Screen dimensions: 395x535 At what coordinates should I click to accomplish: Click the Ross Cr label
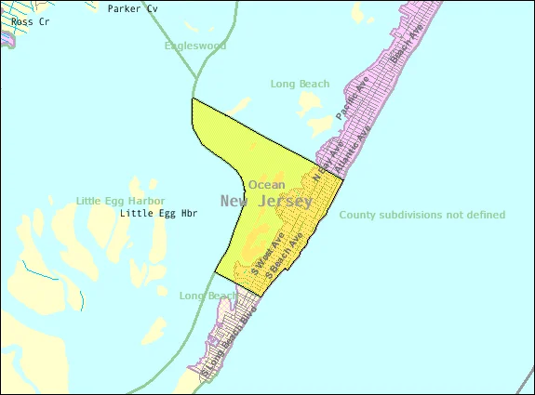pos(18,20)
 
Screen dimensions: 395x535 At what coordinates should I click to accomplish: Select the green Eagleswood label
pos(194,46)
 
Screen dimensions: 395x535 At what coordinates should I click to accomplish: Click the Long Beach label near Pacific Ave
pos(300,84)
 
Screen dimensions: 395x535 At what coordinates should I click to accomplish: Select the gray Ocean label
pos(266,184)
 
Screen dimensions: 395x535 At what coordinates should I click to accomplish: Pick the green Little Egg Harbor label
pos(121,201)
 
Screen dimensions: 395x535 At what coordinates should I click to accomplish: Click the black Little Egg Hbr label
pos(155,214)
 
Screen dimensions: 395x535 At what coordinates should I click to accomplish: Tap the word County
pos(359,215)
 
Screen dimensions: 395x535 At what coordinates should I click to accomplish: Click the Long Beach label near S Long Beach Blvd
pos(207,296)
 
